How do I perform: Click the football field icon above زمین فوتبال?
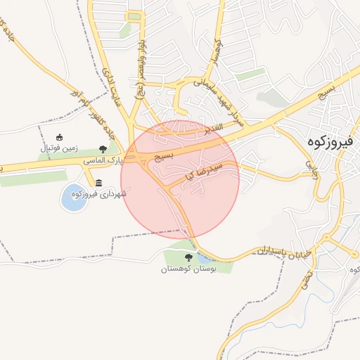click(60, 137)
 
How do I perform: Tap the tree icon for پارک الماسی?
click(103, 148)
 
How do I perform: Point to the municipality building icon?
click(98, 183)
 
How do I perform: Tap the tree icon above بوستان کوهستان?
click(188, 258)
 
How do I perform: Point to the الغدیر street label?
click(213, 128)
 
